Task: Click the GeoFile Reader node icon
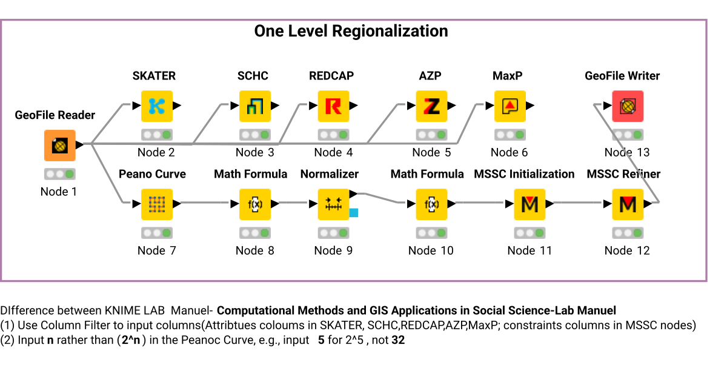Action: [x=59, y=146]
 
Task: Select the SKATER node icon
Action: [x=157, y=106]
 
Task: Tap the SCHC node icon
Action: [x=255, y=106]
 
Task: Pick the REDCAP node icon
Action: [x=333, y=106]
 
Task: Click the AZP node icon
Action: [x=431, y=106]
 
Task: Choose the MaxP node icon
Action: [x=510, y=106]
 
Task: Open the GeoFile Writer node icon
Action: [x=628, y=106]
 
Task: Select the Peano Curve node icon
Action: [x=157, y=204]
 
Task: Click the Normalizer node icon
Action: [x=333, y=204]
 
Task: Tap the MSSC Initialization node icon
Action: [x=529, y=204]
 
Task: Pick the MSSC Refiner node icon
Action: [x=628, y=204]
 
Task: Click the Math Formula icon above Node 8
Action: [x=255, y=204]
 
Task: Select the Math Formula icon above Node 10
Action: [x=431, y=204]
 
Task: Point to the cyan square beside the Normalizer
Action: [x=354, y=213]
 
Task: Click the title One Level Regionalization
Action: [x=351, y=32]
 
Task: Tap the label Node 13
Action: [x=627, y=152]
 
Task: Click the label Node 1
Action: [x=59, y=192]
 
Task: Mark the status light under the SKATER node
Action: [x=157, y=135]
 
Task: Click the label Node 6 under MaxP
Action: [x=509, y=152]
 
